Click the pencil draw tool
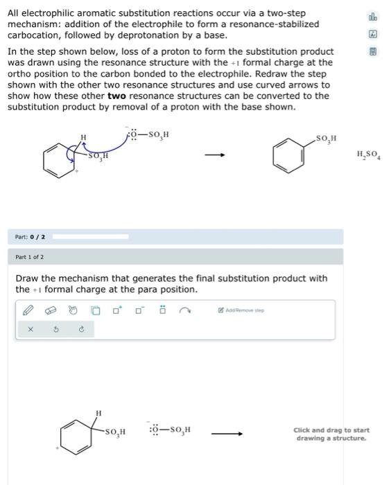[28, 310]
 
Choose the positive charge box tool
[118, 310]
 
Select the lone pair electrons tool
[162, 310]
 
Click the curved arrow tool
[185, 310]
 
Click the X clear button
[30, 329]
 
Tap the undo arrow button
[55, 329]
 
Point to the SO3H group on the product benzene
[326, 139]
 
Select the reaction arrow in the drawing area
[227, 434]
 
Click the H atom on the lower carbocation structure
[98, 414]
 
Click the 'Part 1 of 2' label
[29, 257]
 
